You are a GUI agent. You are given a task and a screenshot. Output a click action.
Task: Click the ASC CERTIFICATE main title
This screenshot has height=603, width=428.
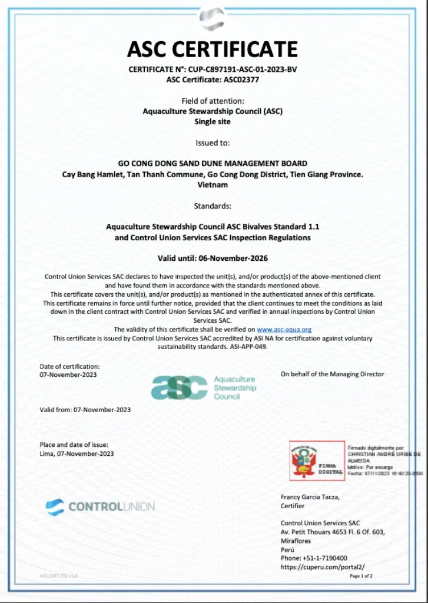213,49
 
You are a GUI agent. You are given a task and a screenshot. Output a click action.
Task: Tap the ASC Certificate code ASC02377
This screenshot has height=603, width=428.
241,79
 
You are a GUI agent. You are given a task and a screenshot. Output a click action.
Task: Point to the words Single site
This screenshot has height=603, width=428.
213,121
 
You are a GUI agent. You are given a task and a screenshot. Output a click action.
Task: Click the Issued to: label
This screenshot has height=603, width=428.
213,143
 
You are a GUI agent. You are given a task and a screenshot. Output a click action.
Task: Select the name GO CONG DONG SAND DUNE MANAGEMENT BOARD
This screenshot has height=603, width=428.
213,164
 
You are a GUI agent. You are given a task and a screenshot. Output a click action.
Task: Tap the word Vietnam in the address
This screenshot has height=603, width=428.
213,184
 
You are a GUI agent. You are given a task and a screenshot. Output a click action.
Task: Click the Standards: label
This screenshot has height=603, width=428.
213,206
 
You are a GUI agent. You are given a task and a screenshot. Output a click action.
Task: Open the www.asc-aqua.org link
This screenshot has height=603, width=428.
284,330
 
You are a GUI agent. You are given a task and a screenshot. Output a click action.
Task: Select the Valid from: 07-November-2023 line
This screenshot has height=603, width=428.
85,409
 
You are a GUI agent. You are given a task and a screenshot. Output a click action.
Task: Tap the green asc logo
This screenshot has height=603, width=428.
180,387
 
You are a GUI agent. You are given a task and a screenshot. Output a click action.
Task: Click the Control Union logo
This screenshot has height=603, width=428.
100,506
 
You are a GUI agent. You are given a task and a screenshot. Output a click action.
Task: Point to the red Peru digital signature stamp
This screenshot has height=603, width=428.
317,460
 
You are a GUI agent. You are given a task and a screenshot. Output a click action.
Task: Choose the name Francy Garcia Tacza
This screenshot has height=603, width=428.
310,497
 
